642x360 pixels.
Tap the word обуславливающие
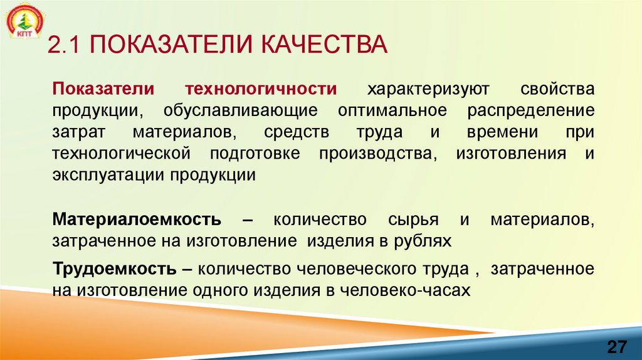[241, 110]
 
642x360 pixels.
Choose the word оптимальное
[392, 110]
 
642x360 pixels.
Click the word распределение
[530, 110]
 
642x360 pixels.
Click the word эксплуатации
[107, 175]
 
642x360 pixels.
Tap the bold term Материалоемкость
[137, 220]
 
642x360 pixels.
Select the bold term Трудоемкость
[114, 269]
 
